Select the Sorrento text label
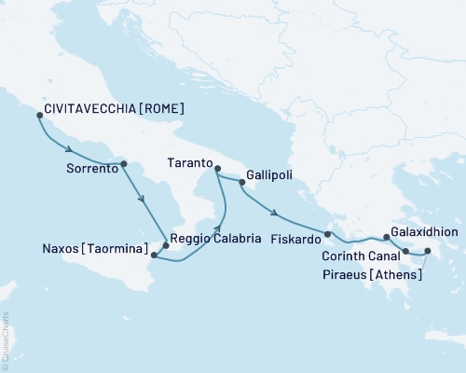tap(92, 170)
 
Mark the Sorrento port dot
tap(124, 163)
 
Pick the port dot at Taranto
tap(217, 169)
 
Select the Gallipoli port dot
tap(242, 183)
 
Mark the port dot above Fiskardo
tap(328, 234)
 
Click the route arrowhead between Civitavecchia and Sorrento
tap(69, 149)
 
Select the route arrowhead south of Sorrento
tap(141, 199)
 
